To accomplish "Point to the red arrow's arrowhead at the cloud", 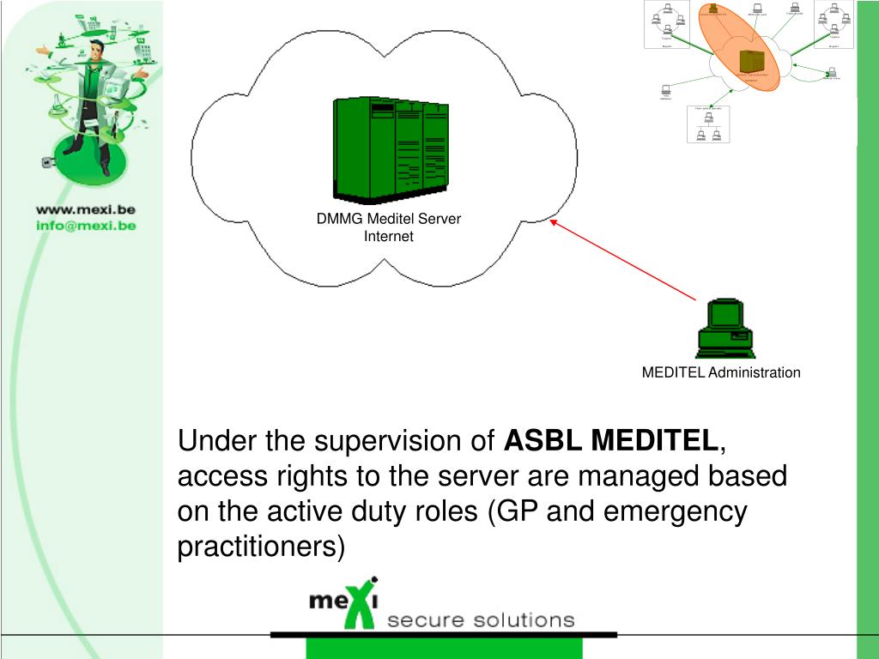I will tap(554, 222).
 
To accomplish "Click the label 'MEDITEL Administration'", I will tap(721, 372).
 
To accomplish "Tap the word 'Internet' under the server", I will tap(388, 236).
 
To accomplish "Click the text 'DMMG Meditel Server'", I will tap(388, 219).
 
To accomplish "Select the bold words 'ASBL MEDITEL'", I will tap(610, 441).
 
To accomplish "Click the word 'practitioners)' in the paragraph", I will tap(261, 546).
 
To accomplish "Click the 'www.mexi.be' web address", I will tap(86, 209).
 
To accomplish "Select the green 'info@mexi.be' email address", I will tap(86, 226).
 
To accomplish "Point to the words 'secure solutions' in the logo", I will tap(481, 620).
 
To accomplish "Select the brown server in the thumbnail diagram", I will tap(751, 60).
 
